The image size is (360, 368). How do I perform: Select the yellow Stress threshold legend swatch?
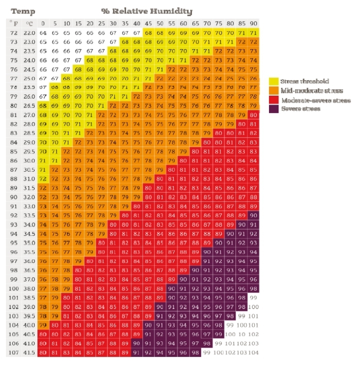tap(273, 81)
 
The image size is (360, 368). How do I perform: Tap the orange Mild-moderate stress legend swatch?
tap(273, 91)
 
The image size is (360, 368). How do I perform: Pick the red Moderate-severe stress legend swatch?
tap(273, 100)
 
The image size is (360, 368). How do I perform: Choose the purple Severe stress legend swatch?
tap(273, 110)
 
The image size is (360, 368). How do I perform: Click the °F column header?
tap(13, 24)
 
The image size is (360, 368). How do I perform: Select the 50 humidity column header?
tap(159, 24)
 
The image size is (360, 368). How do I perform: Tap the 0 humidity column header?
tap(43, 24)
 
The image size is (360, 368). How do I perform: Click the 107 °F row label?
tap(13, 352)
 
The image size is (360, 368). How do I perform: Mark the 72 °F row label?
tap(13, 33)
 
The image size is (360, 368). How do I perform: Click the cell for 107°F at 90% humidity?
tap(253, 352)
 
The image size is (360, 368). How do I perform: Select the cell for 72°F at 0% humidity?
tap(43, 33)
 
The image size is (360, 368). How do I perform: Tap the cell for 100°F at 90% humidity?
tap(253, 288)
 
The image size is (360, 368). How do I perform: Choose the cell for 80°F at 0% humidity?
tap(43, 106)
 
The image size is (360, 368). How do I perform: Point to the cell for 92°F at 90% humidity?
tap(253, 215)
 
